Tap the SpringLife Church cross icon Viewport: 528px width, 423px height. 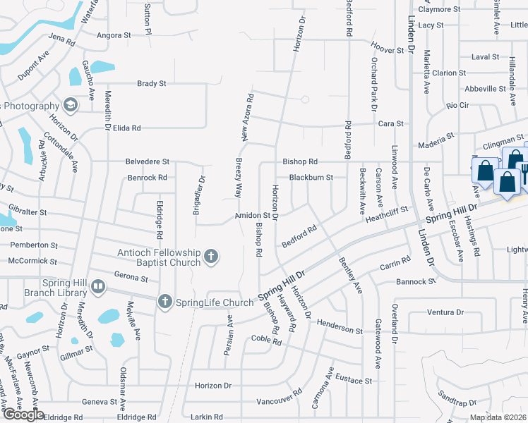click(165, 302)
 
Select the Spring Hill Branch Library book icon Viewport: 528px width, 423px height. click(97, 287)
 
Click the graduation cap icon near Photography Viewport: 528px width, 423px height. click(70, 106)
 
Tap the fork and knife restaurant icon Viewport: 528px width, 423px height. click(524, 170)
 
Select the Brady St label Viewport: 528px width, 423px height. click(151, 83)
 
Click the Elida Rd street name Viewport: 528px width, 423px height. click(127, 128)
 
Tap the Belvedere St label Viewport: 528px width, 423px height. click(148, 161)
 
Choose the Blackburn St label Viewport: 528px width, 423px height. click(311, 178)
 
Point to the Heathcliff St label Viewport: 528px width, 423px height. click(387, 210)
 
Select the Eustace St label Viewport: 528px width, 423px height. click(353, 381)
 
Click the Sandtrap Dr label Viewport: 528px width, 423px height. click(456, 403)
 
